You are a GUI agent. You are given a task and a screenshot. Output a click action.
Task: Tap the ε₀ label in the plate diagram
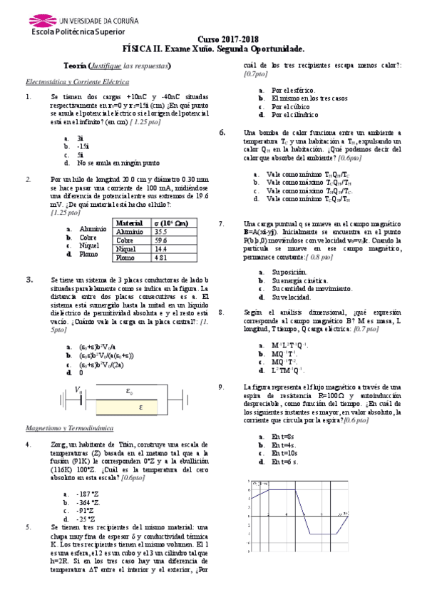pos(129,391)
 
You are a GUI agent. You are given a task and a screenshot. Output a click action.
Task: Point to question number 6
pos(222,133)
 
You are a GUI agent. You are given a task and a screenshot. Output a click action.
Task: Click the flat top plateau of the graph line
pos(280,489)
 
